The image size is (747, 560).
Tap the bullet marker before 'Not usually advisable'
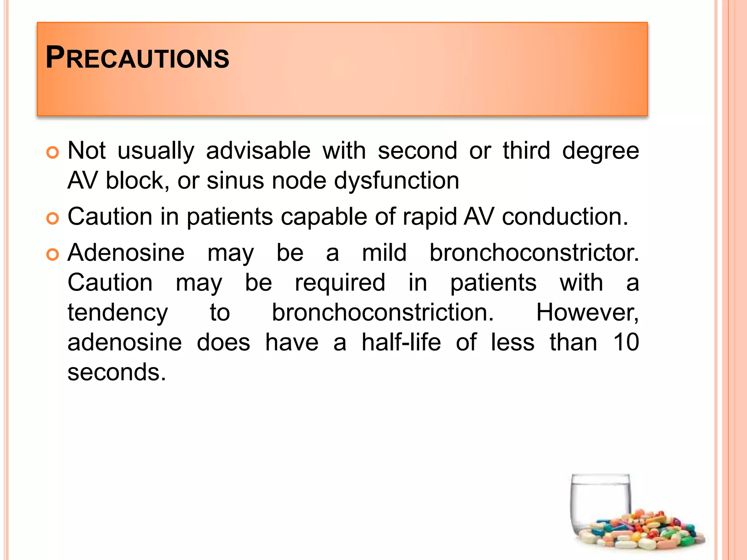click(53, 153)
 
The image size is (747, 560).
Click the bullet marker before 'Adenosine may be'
click(53, 255)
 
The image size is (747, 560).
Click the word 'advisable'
click(258, 151)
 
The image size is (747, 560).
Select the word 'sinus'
click(235, 180)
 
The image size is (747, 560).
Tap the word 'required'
click(340, 283)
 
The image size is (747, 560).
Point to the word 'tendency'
click(118, 313)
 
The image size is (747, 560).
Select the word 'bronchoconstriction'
click(383, 312)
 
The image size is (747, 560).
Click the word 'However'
click(587, 313)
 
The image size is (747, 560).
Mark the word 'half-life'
click(401, 342)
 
